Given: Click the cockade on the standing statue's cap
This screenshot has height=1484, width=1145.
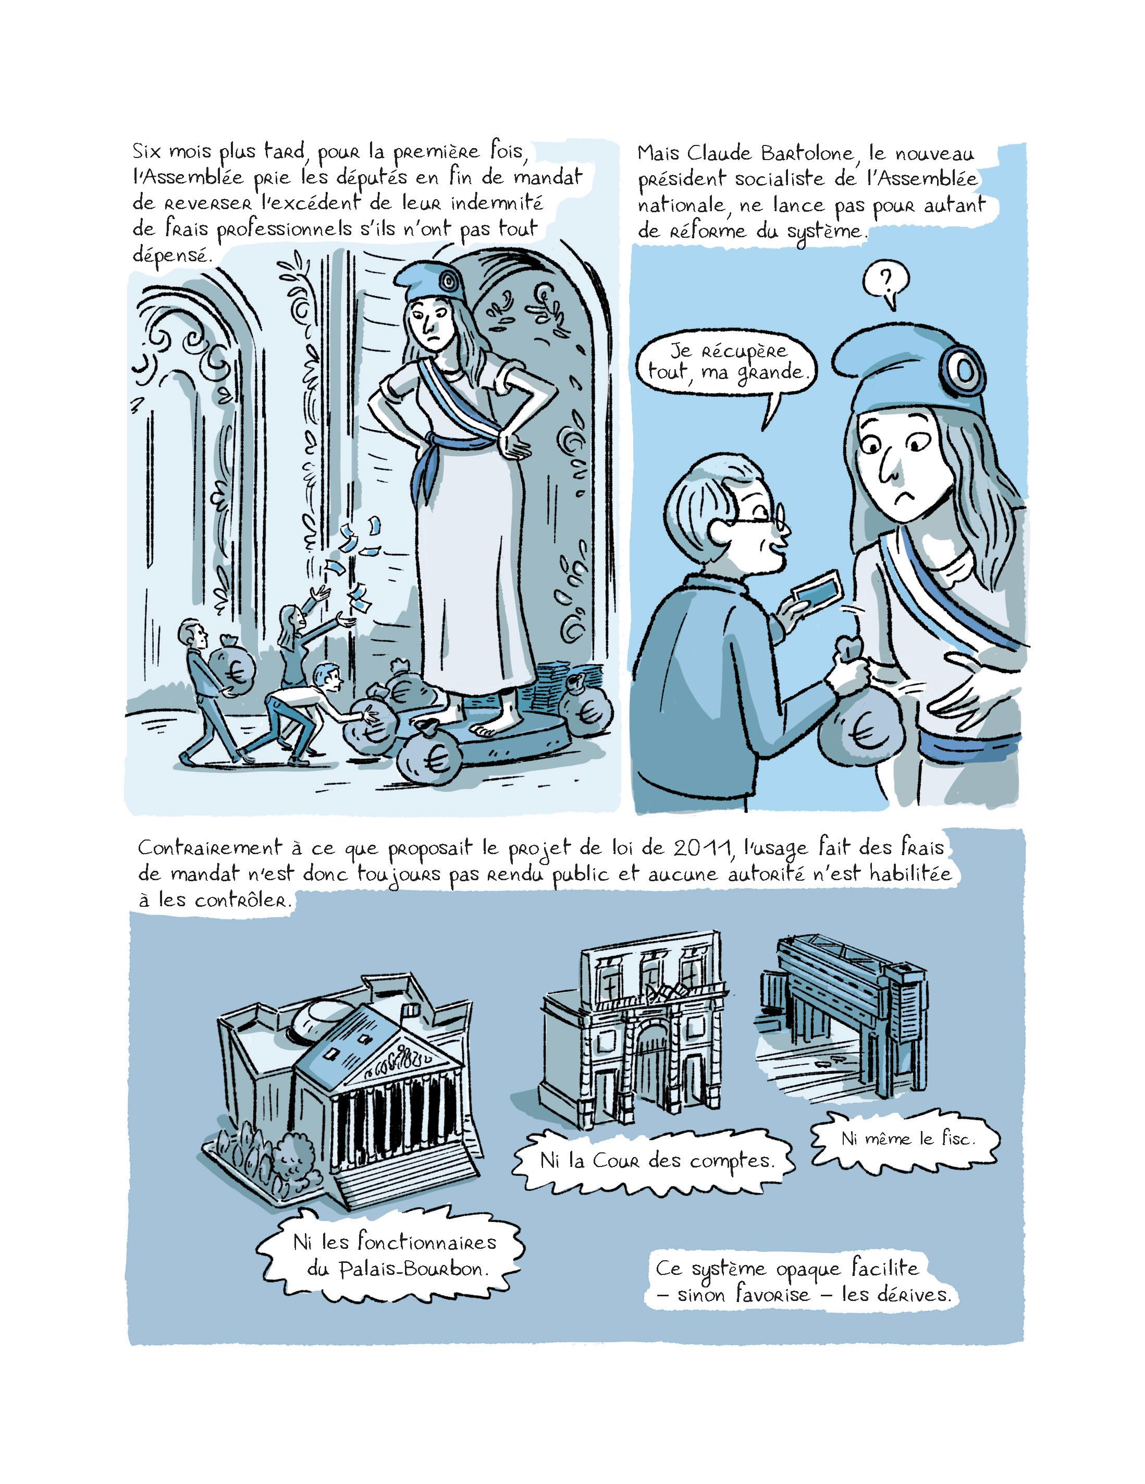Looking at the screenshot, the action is [x=448, y=279].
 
